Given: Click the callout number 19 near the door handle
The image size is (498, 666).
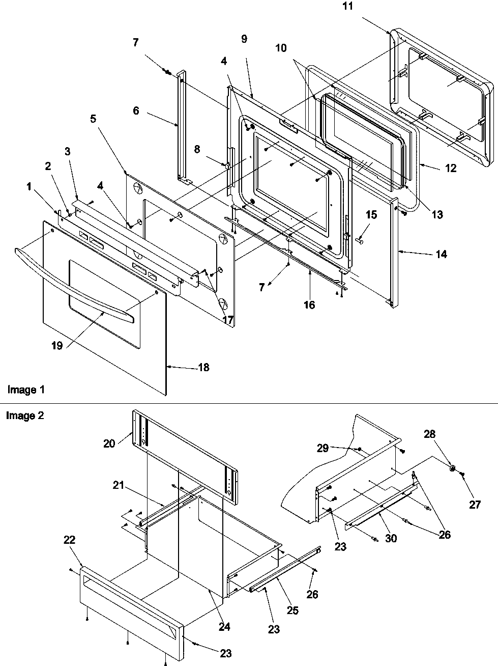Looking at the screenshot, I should click(56, 346).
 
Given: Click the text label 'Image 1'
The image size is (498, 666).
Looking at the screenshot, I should click(26, 390).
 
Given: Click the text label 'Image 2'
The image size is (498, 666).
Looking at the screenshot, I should click(25, 415).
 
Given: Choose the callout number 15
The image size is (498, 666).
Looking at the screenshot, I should click(371, 215).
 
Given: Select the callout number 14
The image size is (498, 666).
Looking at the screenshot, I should click(441, 254).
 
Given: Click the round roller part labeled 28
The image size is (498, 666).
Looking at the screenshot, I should click(451, 467).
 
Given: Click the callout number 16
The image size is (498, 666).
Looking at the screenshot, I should click(309, 305).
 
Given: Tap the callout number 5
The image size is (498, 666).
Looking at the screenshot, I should click(93, 119).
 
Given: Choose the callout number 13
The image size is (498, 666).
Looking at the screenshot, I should click(436, 215).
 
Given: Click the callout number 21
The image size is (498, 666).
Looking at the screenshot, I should click(119, 485).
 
